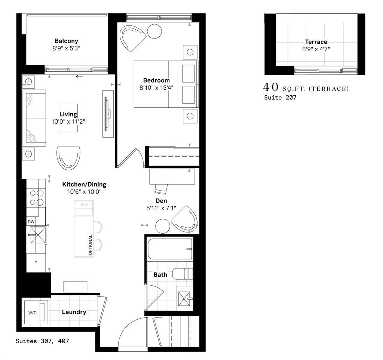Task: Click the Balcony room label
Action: click(66, 41)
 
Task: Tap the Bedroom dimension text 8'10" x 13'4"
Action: click(156, 87)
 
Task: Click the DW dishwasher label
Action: click(31, 221)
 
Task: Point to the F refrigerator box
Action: click(36, 263)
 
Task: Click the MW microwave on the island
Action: click(84, 205)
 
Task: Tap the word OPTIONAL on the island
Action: click(90, 245)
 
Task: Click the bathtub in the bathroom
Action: click(170, 249)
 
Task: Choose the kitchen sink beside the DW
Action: click(37, 234)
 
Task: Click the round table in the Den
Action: click(163, 226)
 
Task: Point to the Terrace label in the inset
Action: click(316, 42)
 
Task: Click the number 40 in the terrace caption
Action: click(271, 87)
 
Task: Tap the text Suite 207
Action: click(280, 98)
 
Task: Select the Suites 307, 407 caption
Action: click(42, 341)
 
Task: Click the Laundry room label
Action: click(74, 312)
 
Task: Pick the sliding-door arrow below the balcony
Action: click(79, 77)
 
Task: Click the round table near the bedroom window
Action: click(154, 31)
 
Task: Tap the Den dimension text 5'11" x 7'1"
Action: click(161, 208)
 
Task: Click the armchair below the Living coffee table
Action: click(68, 157)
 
